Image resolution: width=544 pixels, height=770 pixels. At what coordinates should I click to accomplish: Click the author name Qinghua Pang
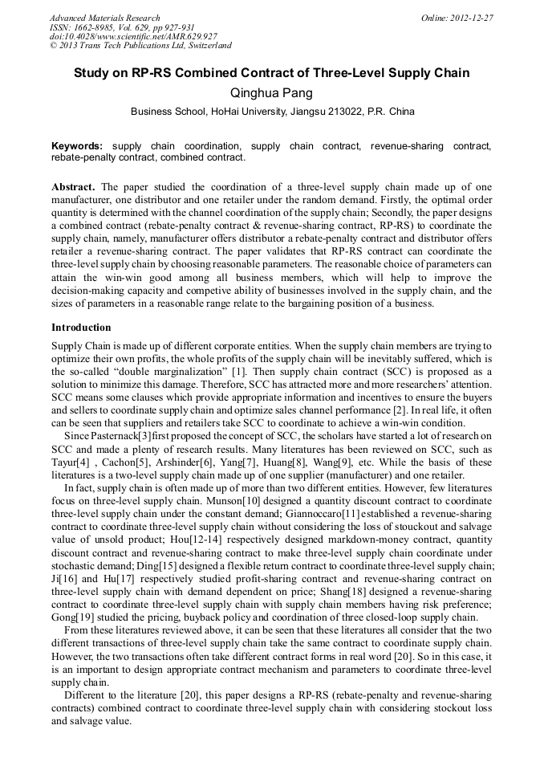point(271,93)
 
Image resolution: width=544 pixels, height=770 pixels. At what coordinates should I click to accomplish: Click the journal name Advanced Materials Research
point(105,18)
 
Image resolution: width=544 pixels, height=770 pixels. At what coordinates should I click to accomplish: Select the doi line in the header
point(133,37)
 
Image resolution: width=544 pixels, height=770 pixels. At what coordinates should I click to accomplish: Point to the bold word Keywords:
point(77,146)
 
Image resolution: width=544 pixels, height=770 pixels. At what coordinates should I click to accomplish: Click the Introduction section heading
point(81,328)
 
